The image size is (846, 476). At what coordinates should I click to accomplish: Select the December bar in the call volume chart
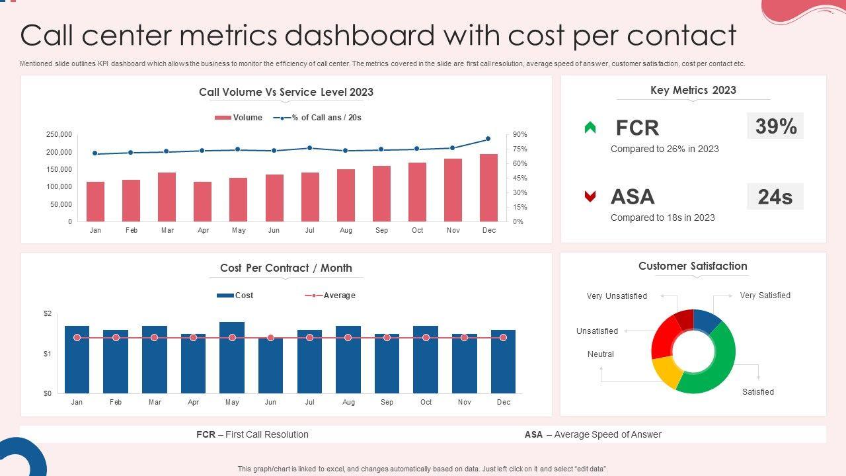[488, 188]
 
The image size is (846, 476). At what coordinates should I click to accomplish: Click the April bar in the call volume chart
[202, 202]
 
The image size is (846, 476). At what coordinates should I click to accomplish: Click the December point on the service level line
[488, 139]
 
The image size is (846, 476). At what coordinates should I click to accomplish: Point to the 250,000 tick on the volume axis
[59, 135]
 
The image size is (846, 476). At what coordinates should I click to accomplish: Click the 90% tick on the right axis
[519, 135]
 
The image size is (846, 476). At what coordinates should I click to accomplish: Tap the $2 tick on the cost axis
[48, 313]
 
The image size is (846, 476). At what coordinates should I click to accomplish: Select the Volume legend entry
[239, 118]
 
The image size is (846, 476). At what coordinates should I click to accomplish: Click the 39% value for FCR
[775, 126]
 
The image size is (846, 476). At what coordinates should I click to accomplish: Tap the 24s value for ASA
[775, 196]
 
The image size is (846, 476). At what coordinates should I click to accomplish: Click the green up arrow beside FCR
[590, 128]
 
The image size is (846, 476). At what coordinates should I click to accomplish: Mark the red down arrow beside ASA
[590, 196]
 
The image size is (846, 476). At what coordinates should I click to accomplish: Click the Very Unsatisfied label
[617, 296]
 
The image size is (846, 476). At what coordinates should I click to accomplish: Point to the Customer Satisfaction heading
[693, 266]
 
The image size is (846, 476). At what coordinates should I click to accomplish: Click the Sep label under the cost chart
[387, 402]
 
